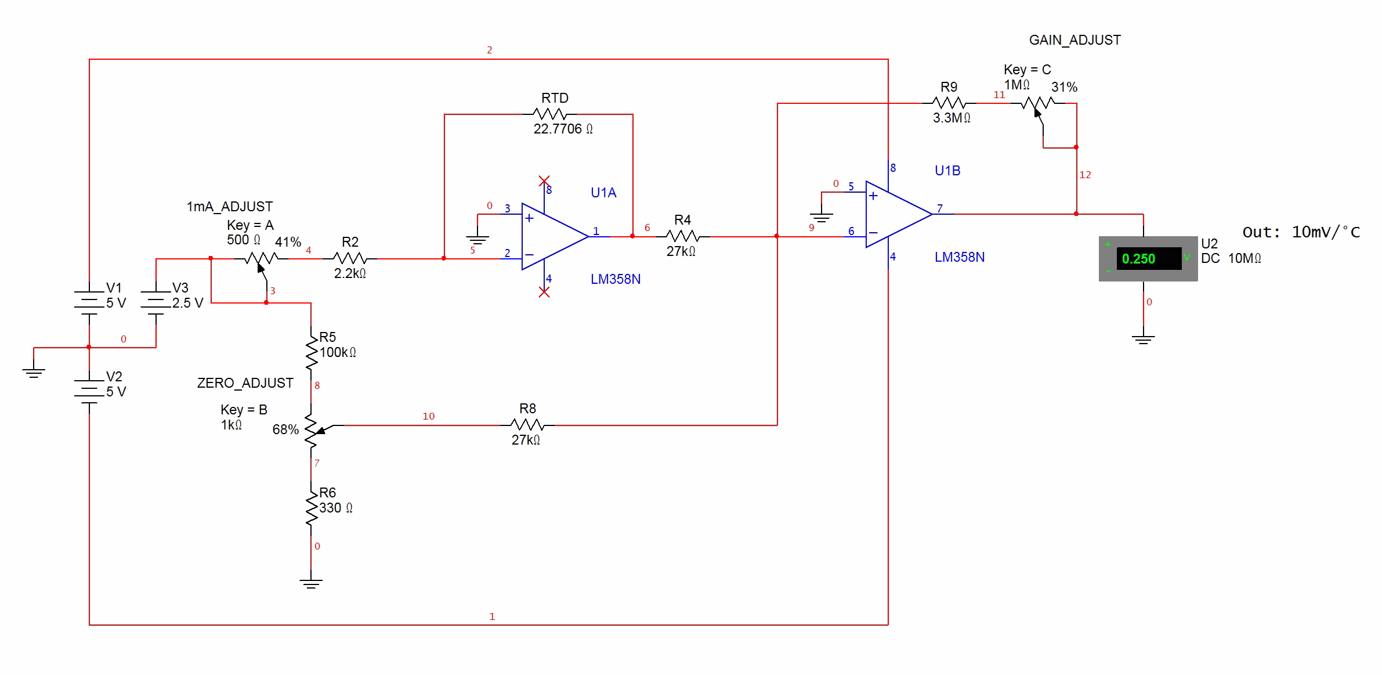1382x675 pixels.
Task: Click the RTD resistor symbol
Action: tap(549, 114)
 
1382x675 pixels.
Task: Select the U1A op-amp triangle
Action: tap(555, 236)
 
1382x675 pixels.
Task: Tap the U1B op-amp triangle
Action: tap(899, 214)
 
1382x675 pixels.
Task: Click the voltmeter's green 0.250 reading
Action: tap(1138, 259)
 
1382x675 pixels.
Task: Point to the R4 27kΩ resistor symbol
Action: tap(683, 236)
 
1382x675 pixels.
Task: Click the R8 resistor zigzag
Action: tap(527, 425)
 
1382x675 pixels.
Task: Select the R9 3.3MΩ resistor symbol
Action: tap(949, 103)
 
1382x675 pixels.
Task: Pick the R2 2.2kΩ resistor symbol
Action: tap(350, 258)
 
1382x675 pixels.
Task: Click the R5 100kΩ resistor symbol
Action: tap(312, 352)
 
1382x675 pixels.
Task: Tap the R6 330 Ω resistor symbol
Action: tap(312, 507)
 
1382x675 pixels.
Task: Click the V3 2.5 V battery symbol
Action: tap(155, 302)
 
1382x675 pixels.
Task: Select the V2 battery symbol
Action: tap(89, 391)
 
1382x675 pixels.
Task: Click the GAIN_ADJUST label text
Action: tap(1075, 40)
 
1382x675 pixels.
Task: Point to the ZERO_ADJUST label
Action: tap(245, 383)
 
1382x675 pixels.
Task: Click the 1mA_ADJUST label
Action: tap(229, 207)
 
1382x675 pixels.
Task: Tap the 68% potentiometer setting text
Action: tap(285, 429)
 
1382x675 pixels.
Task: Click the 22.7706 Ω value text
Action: tap(563, 129)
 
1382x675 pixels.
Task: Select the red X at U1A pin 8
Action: tap(544, 181)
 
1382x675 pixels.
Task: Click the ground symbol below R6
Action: tap(311, 583)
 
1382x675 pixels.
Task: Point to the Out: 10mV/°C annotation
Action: tap(1301, 232)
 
